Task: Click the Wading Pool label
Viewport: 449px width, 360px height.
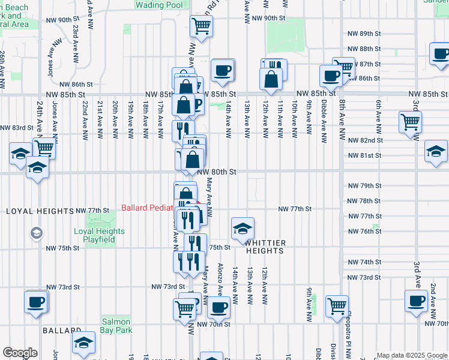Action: click(x=158, y=5)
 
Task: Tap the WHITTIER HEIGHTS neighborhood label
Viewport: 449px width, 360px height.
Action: click(x=264, y=246)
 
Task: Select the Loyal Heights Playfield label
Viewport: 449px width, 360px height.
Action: click(x=99, y=235)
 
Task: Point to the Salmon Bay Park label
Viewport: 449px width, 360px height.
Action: click(x=116, y=326)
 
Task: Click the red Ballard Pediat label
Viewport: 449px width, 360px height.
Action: click(x=147, y=208)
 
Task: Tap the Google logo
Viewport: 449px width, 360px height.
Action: click(x=20, y=353)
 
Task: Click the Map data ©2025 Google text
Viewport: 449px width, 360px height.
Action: click(x=412, y=355)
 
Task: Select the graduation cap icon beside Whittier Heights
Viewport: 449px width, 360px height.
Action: click(x=243, y=229)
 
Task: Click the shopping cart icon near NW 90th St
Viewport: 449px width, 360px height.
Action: click(x=201, y=26)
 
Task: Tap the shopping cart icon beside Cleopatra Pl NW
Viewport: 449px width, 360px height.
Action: click(x=337, y=306)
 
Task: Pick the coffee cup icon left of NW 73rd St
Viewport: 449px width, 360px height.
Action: click(x=36, y=302)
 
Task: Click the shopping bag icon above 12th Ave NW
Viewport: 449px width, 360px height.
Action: click(x=271, y=79)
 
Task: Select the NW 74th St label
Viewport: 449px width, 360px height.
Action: click(x=365, y=262)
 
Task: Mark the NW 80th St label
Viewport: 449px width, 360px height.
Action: click(x=217, y=171)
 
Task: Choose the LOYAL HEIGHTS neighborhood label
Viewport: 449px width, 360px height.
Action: click(x=37, y=211)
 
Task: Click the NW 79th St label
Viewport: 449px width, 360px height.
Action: click(x=365, y=185)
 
